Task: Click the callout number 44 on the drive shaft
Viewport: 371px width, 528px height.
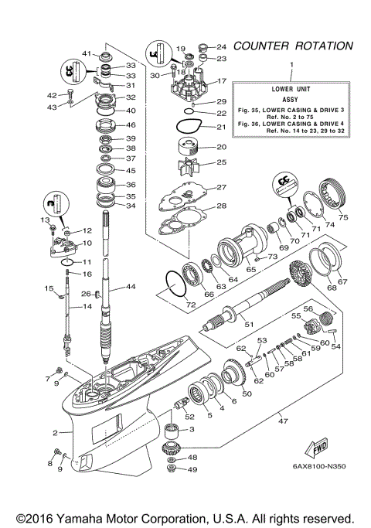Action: coord(131,287)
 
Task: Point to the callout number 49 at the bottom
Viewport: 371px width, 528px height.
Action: coord(192,469)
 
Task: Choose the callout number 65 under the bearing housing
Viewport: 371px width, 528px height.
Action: coord(250,271)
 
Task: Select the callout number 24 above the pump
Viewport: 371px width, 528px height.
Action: coord(222,46)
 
